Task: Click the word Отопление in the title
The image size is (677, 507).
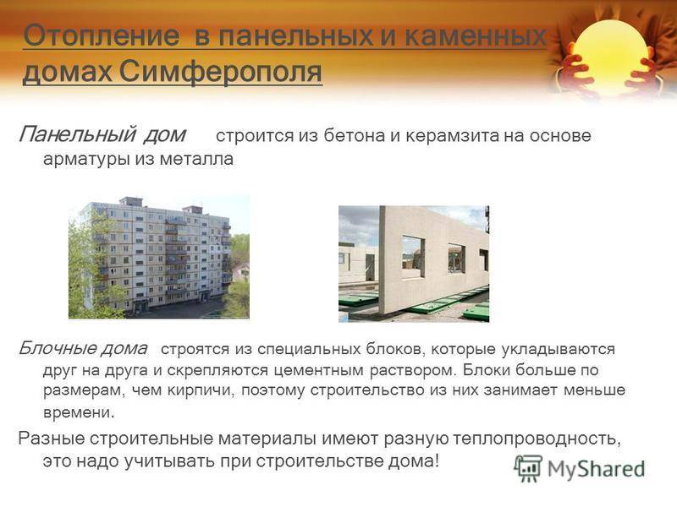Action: coord(102,35)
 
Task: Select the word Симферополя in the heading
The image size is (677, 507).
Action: coord(220,72)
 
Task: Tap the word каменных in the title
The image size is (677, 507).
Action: coord(476,35)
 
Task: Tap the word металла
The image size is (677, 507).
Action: coord(196,159)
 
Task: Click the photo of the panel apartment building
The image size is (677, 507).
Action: coord(159,258)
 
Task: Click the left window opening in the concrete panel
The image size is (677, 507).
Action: coord(413,256)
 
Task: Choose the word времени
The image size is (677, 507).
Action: coord(79,412)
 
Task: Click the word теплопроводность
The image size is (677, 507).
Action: coord(537,439)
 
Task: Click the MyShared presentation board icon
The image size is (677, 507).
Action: coord(528,468)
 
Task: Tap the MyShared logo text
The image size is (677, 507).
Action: coord(597,469)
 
